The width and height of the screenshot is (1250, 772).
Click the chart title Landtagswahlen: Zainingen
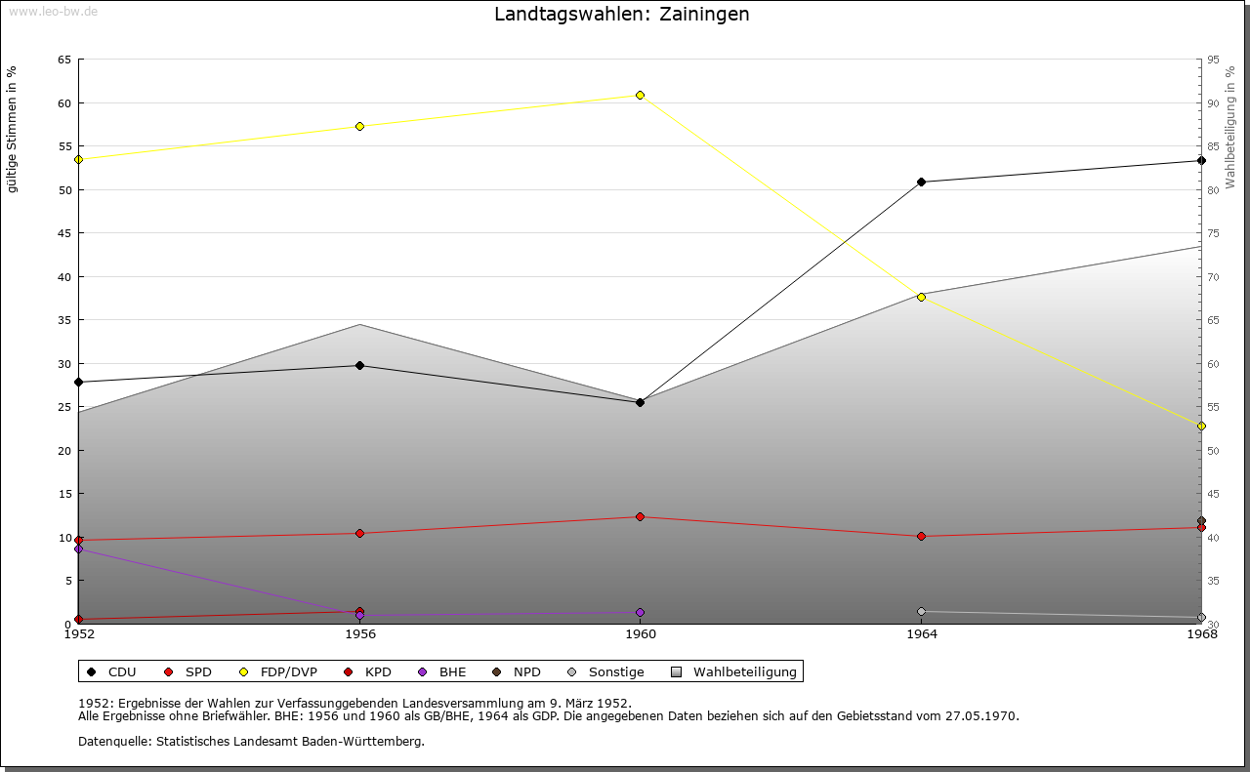(x=622, y=15)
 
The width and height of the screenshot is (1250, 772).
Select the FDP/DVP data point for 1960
(x=640, y=95)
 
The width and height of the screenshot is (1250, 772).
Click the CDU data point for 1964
(x=921, y=182)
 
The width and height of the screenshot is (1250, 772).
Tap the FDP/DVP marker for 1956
(x=359, y=126)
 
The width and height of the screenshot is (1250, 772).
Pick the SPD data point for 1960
(x=640, y=516)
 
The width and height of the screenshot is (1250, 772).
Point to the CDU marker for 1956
(x=359, y=365)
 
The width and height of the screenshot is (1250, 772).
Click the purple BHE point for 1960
(x=640, y=612)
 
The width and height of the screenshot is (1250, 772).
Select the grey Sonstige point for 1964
(x=921, y=611)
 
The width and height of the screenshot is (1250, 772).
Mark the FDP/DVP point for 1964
(x=921, y=297)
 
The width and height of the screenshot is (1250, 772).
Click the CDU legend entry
(x=112, y=671)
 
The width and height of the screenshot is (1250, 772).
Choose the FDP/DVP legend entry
(x=278, y=671)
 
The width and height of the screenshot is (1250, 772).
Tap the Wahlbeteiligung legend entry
(x=734, y=671)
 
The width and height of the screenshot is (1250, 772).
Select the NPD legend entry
(x=517, y=671)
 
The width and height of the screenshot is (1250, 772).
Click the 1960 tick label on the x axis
(x=640, y=634)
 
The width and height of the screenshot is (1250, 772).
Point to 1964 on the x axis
(x=921, y=634)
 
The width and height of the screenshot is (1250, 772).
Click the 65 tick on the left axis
(x=63, y=60)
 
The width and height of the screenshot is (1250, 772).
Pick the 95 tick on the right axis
(x=1213, y=60)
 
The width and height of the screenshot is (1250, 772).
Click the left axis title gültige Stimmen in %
(x=13, y=129)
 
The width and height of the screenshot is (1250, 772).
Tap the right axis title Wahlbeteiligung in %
(x=1230, y=127)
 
